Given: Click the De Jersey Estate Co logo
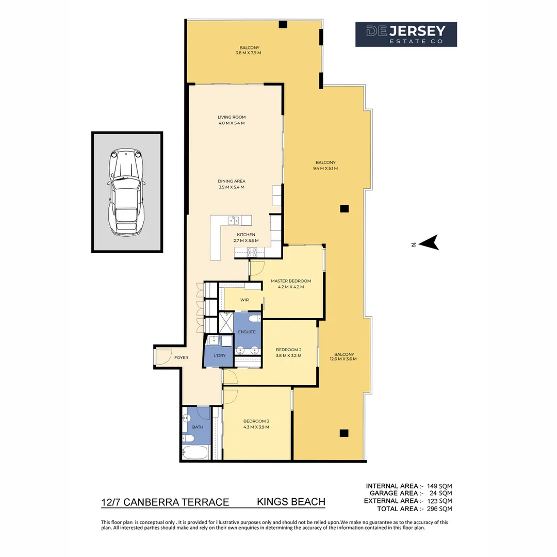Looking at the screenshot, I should click(406, 35).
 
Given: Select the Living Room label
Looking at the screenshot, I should click(231, 118).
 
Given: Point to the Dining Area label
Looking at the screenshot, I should click(231, 181).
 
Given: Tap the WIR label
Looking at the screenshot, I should click(244, 300).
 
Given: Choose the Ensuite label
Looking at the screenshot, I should click(247, 332).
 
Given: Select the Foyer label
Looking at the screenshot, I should click(181, 357).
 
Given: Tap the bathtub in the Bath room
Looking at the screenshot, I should click(195, 453).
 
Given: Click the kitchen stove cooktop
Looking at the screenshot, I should click(252, 252).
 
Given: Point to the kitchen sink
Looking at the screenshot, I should click(234, 221).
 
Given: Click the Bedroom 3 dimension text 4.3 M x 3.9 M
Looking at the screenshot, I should click(256, 427).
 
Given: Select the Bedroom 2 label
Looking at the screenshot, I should click(288, 350).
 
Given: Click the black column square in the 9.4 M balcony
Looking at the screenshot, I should click(344, 208).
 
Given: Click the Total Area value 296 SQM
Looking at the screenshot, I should click(439, 509).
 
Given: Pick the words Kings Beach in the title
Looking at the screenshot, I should click(291, 502).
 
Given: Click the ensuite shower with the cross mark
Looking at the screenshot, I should click(226, 323).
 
